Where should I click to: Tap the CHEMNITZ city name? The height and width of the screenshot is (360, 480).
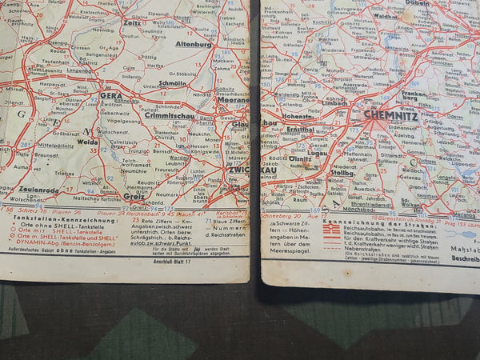pyautogui.click(x=390, y=114)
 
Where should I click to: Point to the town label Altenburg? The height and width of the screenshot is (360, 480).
pyautogui.click(x=194, y=45)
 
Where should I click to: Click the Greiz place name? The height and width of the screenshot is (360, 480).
pyautogui.click(x=134, y=196)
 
